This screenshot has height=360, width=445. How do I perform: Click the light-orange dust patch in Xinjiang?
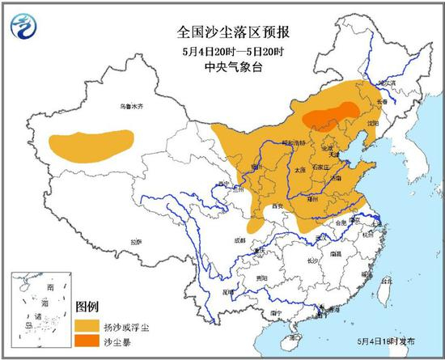coord(91,143)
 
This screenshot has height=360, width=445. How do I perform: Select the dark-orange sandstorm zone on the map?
coord(332,116)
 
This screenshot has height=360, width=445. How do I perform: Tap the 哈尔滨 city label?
coord(389,82)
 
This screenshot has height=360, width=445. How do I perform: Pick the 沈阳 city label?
coord(372,124)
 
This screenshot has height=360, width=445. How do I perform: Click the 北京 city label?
coord(327,149)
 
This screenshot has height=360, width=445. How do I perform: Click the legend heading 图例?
coord(87,307)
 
